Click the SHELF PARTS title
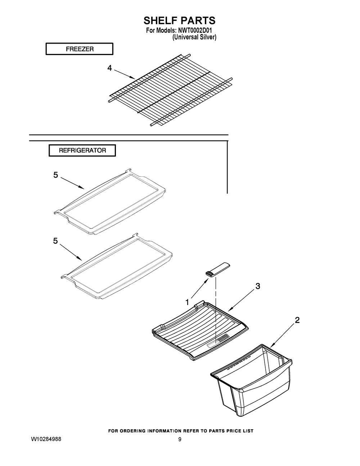point(180,20)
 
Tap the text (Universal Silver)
point(194,37)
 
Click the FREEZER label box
point(79,49)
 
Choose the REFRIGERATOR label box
point(82,151)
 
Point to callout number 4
point(109,68)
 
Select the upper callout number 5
point(55,175)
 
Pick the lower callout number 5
point(55,241)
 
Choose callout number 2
point(297,320)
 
